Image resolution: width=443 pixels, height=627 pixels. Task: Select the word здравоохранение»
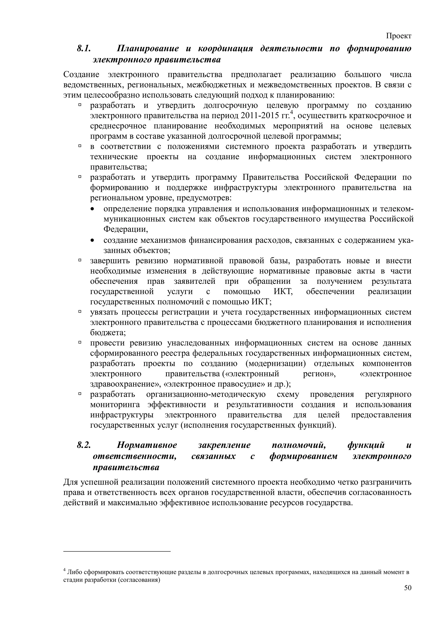coord(125,384)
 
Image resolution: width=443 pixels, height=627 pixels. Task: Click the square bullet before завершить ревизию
coord(80,261)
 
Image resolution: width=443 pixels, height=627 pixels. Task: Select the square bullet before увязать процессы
coord(80,312)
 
